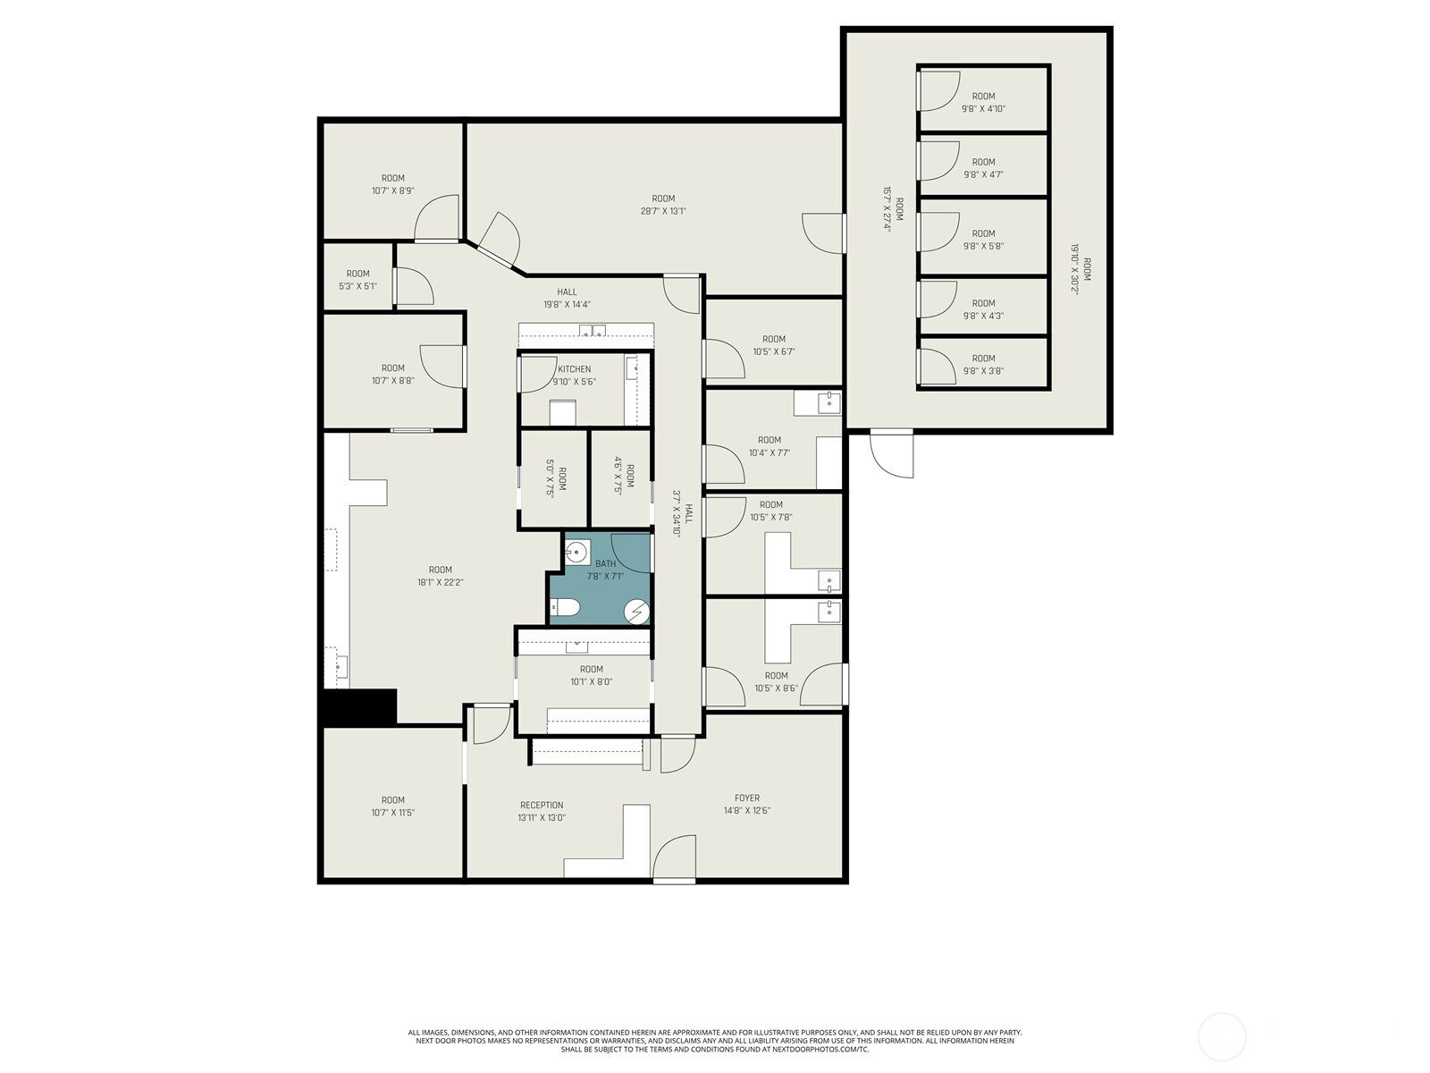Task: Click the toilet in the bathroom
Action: coord(565,608)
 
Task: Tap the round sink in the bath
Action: coord(576,553)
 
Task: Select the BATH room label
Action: coord(605,563)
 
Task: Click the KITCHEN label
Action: coord(574,369)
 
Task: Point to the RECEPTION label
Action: coord(542,806)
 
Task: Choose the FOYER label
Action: coord(747,798)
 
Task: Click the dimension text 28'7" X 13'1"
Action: coord(663,211)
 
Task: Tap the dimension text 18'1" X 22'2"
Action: coord(441,582)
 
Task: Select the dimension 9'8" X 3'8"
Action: coord(984,371)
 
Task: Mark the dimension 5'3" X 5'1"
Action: coord(357,286)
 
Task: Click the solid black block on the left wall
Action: coord(360,706)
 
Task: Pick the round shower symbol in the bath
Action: coord(636,613)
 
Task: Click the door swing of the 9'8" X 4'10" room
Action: coord(939,91)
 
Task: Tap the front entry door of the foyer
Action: coord(674,858)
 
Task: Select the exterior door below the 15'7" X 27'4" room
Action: coord(892,454)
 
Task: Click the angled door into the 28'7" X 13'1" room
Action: coord(499,239)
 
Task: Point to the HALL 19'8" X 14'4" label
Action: coord(567,298)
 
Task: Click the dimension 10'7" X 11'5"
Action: coord(393,813)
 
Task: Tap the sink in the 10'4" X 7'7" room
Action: coord(829,402)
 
